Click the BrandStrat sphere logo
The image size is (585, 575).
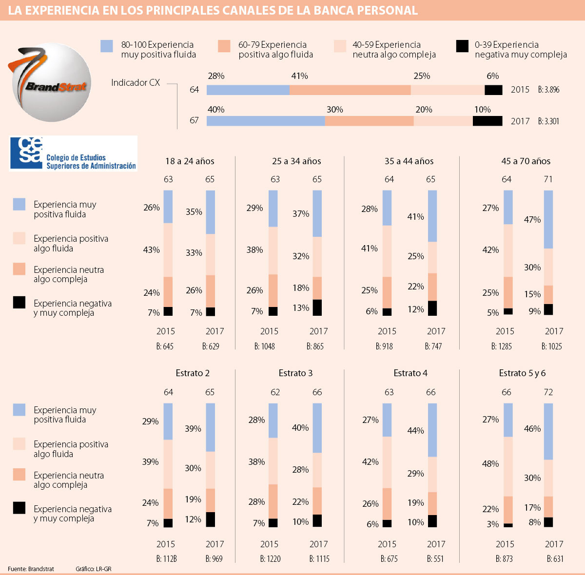coord(52,82)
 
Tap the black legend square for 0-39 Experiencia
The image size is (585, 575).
coord(462,46)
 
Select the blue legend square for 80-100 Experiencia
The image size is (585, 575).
coord(107,46)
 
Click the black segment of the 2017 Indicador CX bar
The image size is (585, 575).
coord(487,121)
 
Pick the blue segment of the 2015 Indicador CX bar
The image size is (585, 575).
coord(248,90)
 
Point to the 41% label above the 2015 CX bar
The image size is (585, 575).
coord(299,76)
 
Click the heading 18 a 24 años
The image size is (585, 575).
coord(190,161)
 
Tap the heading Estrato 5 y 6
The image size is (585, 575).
coord(522,373)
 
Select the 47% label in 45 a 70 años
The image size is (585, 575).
coord(532,220)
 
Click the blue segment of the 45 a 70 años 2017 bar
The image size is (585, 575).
coord(548,219)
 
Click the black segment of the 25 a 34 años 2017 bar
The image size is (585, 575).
coord(317,307)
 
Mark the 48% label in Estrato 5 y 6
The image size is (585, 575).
coord(490,464)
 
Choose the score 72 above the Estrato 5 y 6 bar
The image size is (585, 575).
coord(548,392)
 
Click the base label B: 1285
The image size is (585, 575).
coord(502,346)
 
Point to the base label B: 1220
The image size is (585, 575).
coord(270,559)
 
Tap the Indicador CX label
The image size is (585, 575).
coord(136,83)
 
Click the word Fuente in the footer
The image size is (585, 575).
coord(17,569)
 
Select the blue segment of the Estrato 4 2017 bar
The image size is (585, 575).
coord(432,430)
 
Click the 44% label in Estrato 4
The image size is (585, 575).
coord(416,431)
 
